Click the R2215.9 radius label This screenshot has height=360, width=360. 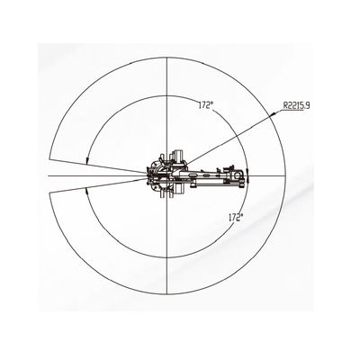(296, 105)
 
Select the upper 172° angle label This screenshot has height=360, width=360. (205, 105)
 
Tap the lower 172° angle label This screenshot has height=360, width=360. (236, 217)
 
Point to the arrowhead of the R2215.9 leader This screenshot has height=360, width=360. (273, 114)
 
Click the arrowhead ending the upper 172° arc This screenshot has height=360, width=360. (87, 160)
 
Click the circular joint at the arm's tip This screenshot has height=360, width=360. (238, 175)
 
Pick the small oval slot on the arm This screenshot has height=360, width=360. (206, 175)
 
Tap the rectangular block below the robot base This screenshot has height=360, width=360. (179, 190)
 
